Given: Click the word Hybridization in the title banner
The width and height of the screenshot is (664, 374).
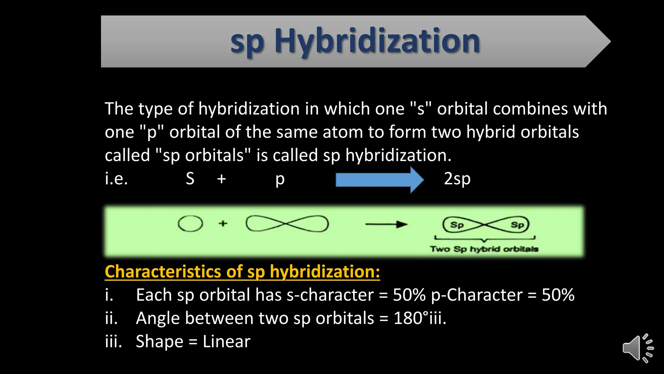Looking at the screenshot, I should pos(377,41).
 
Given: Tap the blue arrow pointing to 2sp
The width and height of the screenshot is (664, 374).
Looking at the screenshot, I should pos(379,180).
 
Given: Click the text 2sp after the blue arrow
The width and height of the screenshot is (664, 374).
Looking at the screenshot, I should pos(457,179).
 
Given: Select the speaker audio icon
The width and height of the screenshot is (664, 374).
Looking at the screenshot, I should pos(638,348).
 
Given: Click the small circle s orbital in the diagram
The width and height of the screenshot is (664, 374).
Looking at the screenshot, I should pos(190,224).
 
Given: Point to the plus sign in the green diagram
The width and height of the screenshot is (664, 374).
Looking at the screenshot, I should pos(223,223).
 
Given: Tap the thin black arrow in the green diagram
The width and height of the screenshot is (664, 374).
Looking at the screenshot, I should pos(386,224).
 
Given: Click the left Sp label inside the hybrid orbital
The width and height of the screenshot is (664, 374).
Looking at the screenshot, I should pos(457,225).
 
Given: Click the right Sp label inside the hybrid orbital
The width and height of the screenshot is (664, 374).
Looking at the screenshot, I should pos(517,225).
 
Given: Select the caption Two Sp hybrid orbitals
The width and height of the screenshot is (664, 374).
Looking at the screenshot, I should pos(484,249).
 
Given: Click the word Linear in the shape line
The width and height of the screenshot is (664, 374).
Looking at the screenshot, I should pos(226,342).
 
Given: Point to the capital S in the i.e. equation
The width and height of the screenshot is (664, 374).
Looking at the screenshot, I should pos(190,179).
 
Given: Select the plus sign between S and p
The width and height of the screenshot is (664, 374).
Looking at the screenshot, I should pos(221,179).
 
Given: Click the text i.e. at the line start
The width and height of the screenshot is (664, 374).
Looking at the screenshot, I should pos(116,179).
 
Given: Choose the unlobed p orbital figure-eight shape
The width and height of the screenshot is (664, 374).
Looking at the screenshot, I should pos(287,224).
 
